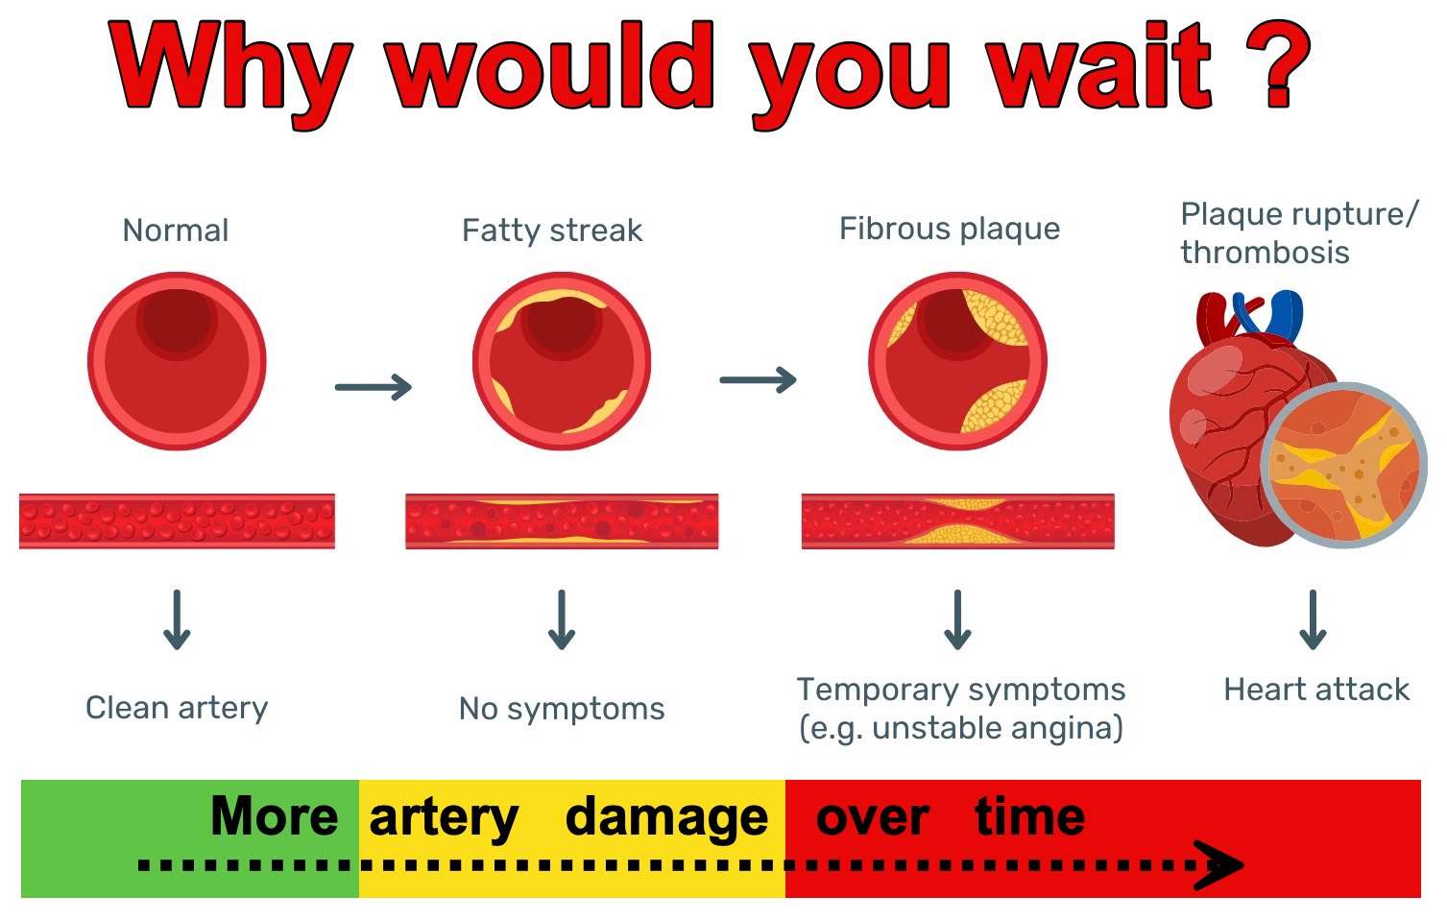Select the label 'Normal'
tap(176, 230)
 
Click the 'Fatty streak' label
tap(552, 230)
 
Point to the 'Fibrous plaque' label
tap(950, 230)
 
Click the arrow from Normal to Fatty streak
tap(374, 387)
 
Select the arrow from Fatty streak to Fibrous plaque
tap(759, 380)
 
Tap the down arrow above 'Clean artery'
tap(177, 619)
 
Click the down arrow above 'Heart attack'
tap(1313, 619)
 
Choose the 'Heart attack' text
tap(1316, 690)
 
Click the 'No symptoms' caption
tap(562, 710)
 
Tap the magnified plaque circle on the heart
tap(1344, 466)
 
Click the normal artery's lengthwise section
tap(177, 521)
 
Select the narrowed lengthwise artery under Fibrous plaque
tap(958, 521)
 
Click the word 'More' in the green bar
tap(275, 816)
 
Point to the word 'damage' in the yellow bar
tap(666, 818)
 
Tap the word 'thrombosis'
tap(1265, 252)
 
